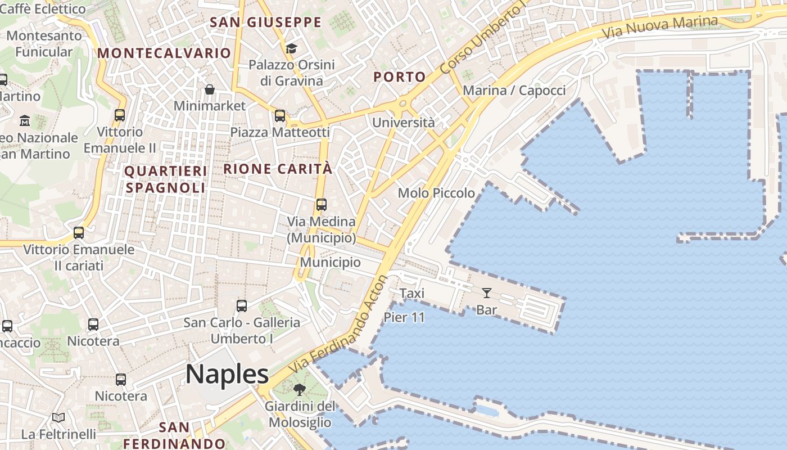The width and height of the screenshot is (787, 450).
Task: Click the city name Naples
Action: click(227, 374)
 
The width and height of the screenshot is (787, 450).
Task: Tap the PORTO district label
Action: click(400, 77)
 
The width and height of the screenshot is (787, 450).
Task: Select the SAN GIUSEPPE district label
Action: click(265, 22)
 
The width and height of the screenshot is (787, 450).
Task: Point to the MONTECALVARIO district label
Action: click(164, 53)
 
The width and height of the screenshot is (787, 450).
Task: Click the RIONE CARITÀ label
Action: click(278, 169)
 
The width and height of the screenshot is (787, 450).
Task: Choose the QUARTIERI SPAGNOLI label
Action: click(165, 179)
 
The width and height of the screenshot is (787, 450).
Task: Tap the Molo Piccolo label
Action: click(436, 193)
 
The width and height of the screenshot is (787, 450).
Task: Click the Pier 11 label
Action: click(404, 317)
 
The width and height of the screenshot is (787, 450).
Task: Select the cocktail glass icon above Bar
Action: click(487, 292)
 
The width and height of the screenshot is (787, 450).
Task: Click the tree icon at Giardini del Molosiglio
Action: click(300, 389)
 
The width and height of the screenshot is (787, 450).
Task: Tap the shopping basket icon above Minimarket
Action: click(210, 89)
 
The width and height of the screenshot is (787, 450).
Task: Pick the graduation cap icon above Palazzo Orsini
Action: click(291, 48)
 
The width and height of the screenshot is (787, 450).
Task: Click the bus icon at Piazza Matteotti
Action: click(279, 116)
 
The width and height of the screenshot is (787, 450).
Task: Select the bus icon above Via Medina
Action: click(321, 205)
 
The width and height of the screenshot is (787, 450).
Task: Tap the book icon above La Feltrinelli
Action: click(58, 417)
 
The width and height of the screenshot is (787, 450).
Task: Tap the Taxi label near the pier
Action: click(412, 293)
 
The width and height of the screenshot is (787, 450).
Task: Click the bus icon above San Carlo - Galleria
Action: click(242, 306)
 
